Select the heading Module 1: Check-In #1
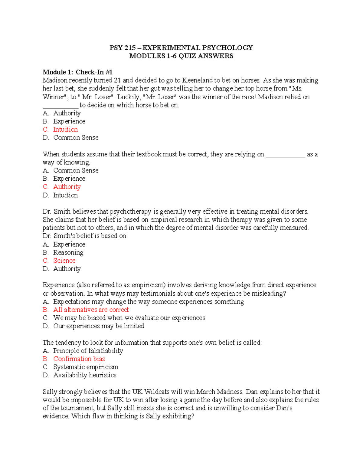tap(77, 72)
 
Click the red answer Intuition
tap(65, 130)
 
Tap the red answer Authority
tap(67, 187)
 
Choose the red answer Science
tap(64, 261)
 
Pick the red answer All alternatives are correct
tap(91, 310)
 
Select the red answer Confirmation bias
tap(79, 359)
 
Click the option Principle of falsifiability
tap(88, 351)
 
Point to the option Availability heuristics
tap(85, 375)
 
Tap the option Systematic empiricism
tap(86, 367)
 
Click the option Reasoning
tap(68, 252)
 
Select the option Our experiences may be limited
tap(99, 326)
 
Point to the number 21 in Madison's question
tap(117, 81)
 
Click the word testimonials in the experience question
tap(160, 294)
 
